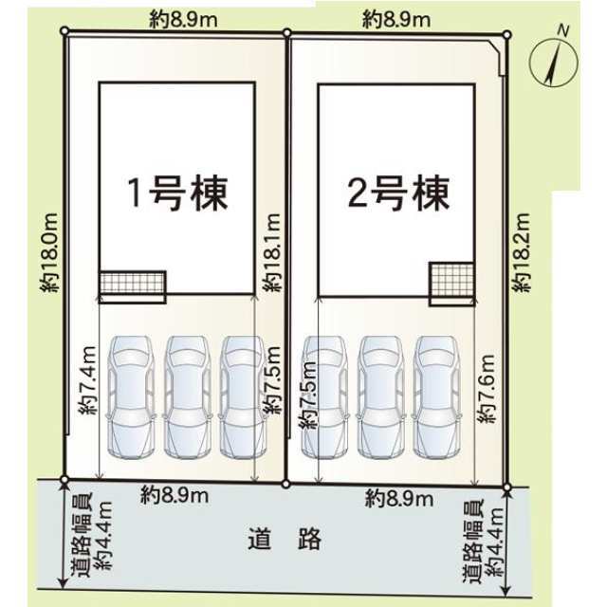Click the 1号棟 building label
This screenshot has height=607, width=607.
(x=177, y=193)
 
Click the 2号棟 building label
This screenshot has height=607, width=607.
(x=398, y=193)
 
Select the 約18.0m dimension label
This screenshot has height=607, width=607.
(x=49, y=252)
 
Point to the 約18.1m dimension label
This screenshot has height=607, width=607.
(x=271, y=252)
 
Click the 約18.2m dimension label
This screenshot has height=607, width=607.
(x=521, y=252)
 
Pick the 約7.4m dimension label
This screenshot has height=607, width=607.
(x=87, y=380)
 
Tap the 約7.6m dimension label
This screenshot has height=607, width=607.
(x=487, y=388)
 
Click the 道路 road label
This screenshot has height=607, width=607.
(x=285, y=539)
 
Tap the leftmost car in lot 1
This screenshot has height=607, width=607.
(x=131, y=396)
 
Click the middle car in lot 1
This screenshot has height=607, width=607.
(x=188, y=396)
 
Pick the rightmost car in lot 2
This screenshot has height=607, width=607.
(x=437, y=396)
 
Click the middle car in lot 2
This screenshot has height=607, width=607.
(x=380, y=396)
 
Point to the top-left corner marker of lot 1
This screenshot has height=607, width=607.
(x=64, y=30)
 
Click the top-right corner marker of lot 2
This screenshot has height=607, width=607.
(x=506, y=35)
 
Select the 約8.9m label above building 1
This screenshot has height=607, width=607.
(x=183, y=20)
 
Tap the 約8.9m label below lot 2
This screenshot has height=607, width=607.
(x=399, y=499)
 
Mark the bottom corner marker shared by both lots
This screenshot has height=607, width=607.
(x=285, y=484)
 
